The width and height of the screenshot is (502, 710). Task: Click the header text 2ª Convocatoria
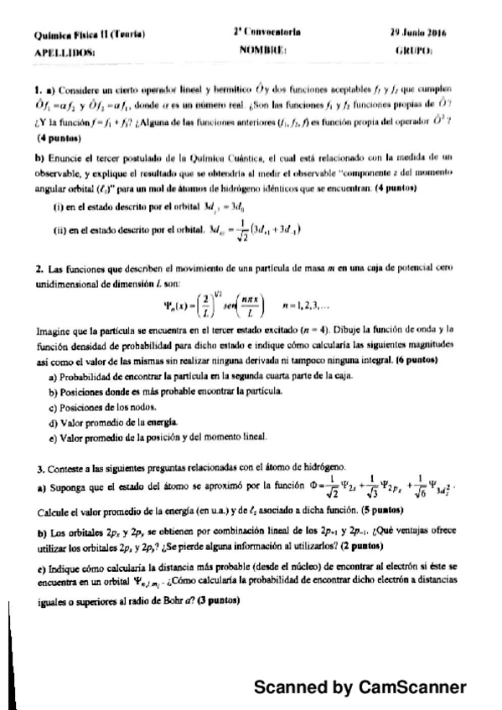point(267,34)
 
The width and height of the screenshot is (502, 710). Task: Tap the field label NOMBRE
point(263,52)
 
